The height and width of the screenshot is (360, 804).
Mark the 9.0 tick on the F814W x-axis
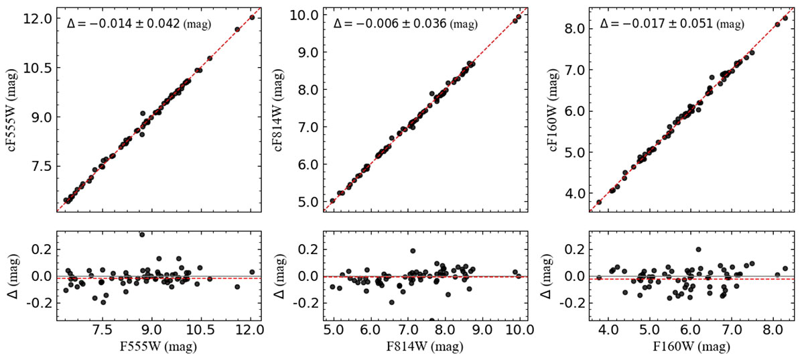481,330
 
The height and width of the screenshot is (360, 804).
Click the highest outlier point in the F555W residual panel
142,235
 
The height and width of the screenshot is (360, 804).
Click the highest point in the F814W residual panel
413,251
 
